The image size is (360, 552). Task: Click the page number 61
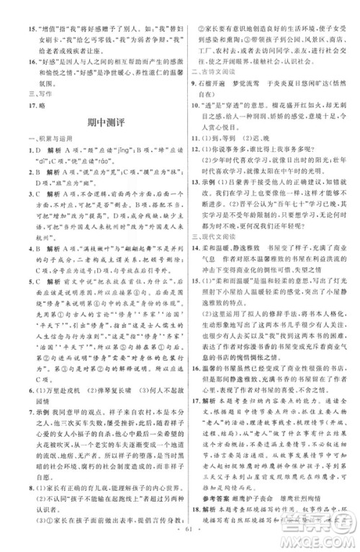pos(179,540)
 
